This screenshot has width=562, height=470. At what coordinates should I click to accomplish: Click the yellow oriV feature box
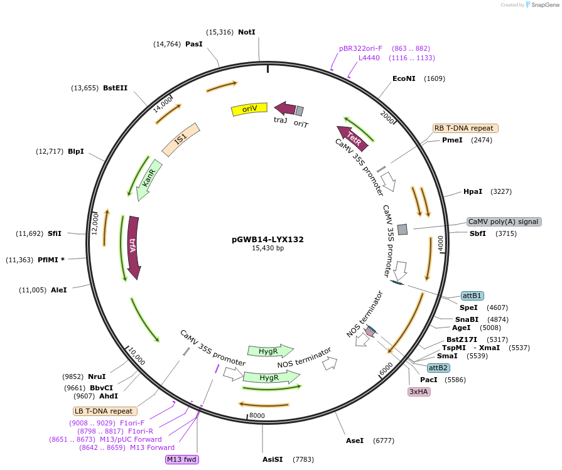coord(249,109)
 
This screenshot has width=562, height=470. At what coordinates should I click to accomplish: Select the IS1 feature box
coord(181,139)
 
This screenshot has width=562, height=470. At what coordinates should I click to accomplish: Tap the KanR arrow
coord(148,180)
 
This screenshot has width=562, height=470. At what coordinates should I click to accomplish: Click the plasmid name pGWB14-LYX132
coord(267,239)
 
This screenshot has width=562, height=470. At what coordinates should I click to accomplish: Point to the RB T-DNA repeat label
coord(465,128)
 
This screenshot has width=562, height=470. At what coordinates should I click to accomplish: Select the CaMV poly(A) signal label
coord(504,222)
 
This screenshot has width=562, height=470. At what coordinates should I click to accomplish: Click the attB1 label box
coord(472,296)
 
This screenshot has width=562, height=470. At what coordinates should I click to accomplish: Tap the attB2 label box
coord(438,368)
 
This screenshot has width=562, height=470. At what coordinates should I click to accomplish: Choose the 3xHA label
coord(419,392)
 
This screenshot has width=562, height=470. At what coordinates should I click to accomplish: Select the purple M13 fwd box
coord(181,459)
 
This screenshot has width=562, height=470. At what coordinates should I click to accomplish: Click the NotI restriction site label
coord(247,32)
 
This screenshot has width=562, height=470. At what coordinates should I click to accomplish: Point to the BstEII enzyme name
coord(115,88)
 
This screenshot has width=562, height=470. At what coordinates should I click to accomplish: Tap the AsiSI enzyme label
coord(273,459)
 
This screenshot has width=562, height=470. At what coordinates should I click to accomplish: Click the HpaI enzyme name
coord(473,191)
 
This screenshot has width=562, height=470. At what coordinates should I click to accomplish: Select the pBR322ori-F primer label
coord(360,48)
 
